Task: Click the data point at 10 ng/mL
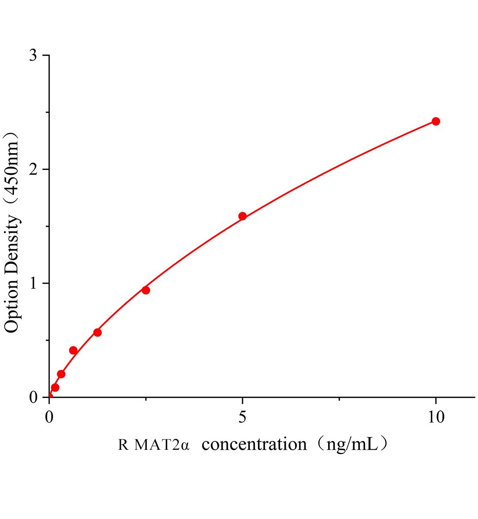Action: tap(436, 121)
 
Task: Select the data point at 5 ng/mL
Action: tap(242, 216)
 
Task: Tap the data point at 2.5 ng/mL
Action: tap(146, 290)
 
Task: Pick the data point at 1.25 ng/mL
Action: tap(97, 332)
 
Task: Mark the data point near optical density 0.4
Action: tap(73, 350)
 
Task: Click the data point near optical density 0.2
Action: tap(61, 374)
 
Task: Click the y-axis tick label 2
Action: tap(33, 170)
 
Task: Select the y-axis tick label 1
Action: tap(33, 283)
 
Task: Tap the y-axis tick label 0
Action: tap(33, 397)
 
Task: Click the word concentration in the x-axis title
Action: tap(254, 444)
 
